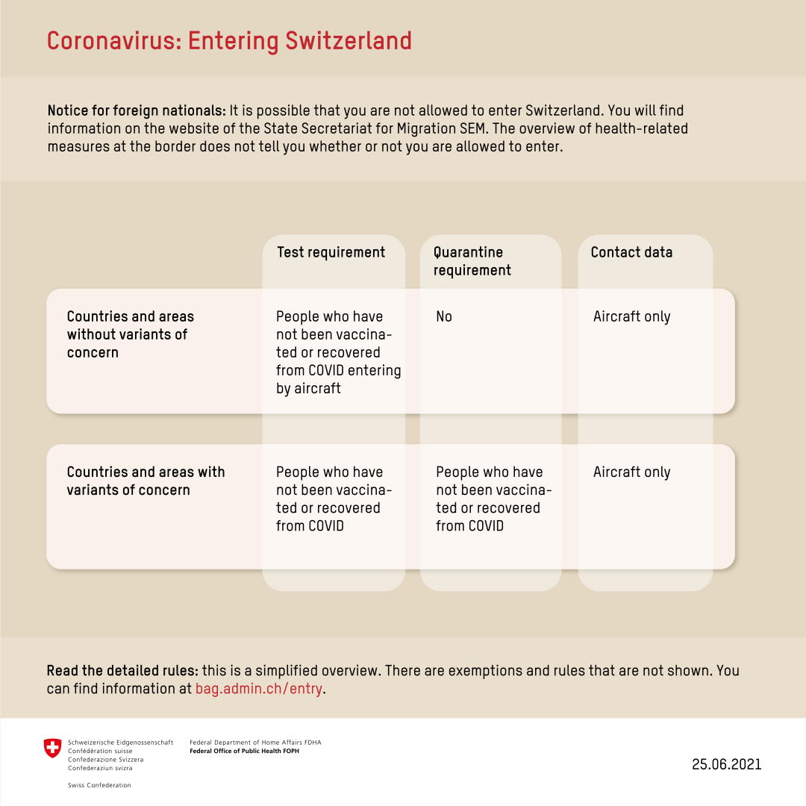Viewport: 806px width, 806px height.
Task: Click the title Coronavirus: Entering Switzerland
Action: (229, 40)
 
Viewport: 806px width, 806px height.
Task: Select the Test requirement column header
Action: (331, 252)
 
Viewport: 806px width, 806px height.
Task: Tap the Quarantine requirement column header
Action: (472, 261)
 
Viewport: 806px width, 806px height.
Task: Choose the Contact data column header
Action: (631, 252)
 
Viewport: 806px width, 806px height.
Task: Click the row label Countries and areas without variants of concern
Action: (131, 334)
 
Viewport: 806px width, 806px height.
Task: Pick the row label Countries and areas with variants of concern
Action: (146, 481)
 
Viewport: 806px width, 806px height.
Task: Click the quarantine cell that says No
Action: (444, 317)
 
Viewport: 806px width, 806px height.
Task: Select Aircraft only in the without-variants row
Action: (631, 317)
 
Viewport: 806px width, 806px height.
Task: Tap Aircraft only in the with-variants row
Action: (631, 472)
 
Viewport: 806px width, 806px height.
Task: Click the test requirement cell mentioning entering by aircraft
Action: (338, 352)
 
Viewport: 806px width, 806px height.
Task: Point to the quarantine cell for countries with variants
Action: (493, 499)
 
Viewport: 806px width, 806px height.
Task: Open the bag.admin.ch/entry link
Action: (259, 689)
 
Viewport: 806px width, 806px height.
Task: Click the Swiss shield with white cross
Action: (52, 749)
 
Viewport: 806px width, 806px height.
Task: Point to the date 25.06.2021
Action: (726, 764)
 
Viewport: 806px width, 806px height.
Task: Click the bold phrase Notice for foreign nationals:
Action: (137, 110)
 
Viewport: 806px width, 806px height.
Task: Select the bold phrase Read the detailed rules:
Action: (122, 671)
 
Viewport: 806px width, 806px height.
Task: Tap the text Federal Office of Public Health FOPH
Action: (245, 751)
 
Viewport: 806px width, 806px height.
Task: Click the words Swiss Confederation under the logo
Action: (99, 785)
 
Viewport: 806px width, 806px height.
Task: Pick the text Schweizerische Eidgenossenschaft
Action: (120, 743)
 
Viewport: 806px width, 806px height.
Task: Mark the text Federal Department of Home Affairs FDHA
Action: (255, 743)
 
